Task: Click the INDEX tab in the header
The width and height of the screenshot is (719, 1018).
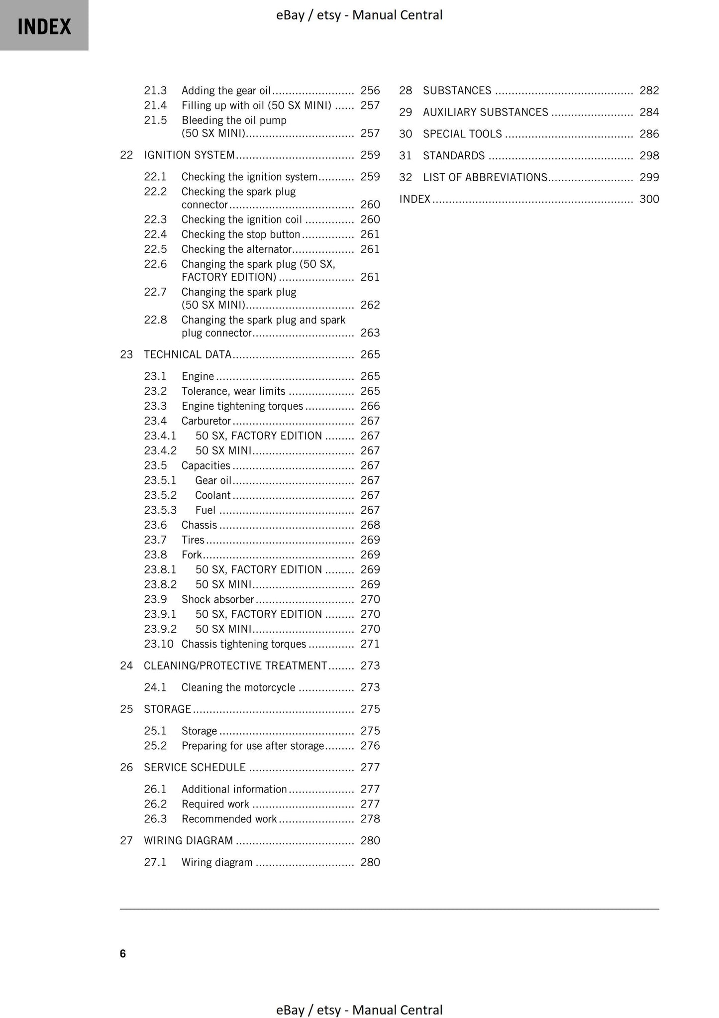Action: tap(44, 26)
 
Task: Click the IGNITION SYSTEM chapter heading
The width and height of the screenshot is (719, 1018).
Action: tap(189, 155)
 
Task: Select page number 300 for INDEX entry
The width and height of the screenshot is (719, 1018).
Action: tap(649, 199)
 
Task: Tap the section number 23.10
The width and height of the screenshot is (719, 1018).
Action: tap(158, 644)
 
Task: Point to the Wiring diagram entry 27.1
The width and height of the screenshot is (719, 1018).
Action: tap(217, 863)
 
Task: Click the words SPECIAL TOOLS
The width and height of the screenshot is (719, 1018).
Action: tap(462, 134)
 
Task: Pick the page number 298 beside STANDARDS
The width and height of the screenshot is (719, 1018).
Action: tap(649, 156)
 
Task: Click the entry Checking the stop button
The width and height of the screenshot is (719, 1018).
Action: tap(241, 234)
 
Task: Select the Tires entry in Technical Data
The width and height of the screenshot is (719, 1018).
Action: tap(193, 540)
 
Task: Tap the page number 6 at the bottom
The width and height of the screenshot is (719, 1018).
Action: tap(123, 954)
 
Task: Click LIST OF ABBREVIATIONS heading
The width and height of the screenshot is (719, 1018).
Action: tap(485, 178)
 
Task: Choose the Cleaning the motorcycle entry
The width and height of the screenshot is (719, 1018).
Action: tap(238, 688)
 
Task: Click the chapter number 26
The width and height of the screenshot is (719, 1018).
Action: tap(126, 768)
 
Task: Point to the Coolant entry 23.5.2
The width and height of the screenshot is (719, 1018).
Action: tap(213, 495)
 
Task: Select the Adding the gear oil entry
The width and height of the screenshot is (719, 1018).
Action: tap(226, 91)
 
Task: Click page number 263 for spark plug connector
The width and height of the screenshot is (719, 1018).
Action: tap(370, 333)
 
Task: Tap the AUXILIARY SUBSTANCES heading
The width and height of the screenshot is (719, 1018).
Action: tap(485, 113)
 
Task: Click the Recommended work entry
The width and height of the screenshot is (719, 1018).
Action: tap(229, 819)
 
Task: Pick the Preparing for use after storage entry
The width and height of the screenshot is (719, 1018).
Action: tap(253, 746)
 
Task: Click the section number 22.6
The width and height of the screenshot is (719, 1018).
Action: tap(155, 264)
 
